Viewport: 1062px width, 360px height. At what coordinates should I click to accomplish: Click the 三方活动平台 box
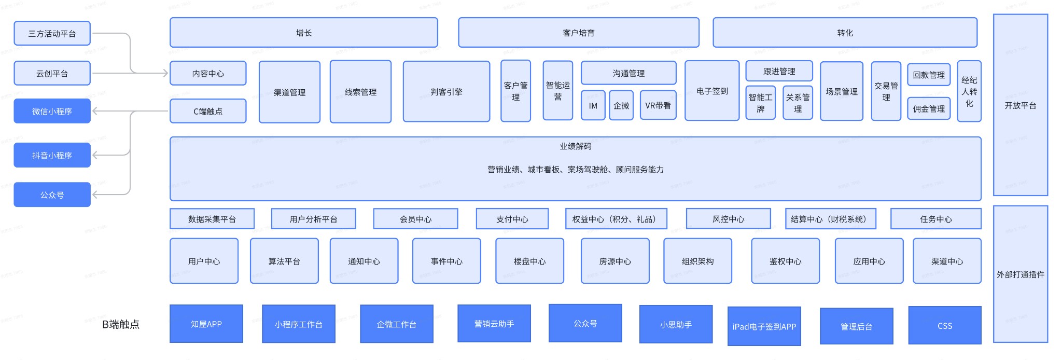pyautogui.click(x=52, y=34)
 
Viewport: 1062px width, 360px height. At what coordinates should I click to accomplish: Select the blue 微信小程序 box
pyautogui.click(x=52, y=111)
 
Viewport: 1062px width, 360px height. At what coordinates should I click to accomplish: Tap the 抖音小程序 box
pyautogui.click(x=52, y=155)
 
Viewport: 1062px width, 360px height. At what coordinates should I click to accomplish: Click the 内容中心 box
pyautogui.click(x=208, y=74)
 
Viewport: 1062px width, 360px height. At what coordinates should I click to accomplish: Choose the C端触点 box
pyautogui.click(x=208, y=111)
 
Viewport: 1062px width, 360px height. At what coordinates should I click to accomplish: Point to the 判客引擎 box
pyautogui.click(x=446, y=92)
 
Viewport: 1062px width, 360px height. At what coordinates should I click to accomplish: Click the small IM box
pyautogui.click(x=593, y=105)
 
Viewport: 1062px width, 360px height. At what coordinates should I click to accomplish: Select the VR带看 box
pyautogui.click(x=658, y=105)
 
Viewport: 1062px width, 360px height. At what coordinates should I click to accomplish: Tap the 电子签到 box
pyautogui.click(x=712, y=91)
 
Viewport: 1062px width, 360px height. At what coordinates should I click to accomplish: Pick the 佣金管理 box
pyautogui.click(x=928, y=109)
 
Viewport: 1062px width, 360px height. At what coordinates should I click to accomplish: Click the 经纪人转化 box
pyautogui.click(x=969, y=91)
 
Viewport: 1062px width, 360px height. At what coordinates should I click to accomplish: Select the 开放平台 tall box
pyautogui.click(x=1020, y=105)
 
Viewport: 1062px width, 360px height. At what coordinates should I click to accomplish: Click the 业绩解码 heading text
pyautogui.click(x=575, y=146)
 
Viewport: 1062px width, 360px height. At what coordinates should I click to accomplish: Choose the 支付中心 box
pyautogui.click(x=512, y=219)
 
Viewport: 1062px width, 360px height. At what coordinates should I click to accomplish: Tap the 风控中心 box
pyautogui.click(x=728, y=219)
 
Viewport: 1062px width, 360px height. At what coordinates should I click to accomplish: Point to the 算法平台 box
pyautogui.click(x=284, y=261)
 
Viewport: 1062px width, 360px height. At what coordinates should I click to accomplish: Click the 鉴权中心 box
pyautogui.click(x=785, y=261)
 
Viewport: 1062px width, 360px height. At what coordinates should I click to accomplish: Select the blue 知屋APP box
pyautogui.click(x=206, y=324)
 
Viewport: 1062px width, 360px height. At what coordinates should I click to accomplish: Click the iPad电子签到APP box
pyautogui.click(x=764, y=326)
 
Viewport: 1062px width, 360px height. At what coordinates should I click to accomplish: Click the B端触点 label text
pyautogui.click(x=121, y=324)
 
